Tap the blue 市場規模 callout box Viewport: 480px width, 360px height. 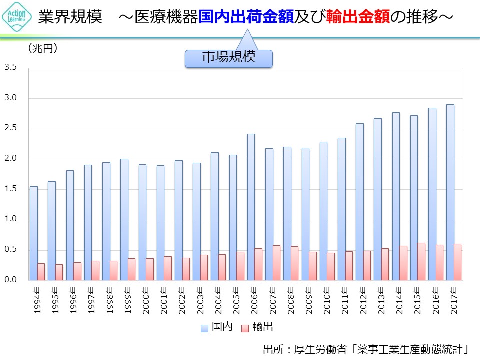point(229,58)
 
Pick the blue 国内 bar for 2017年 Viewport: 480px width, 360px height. point(450,192)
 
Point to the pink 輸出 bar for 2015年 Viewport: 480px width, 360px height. point(421,261)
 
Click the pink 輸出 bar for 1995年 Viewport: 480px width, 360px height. point(59,272)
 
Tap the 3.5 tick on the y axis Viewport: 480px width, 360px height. point(11,67)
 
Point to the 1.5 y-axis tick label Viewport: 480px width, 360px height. point(11,189)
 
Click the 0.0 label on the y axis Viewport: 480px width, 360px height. point(11,280)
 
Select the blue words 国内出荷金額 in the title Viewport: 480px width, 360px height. point(246,18)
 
